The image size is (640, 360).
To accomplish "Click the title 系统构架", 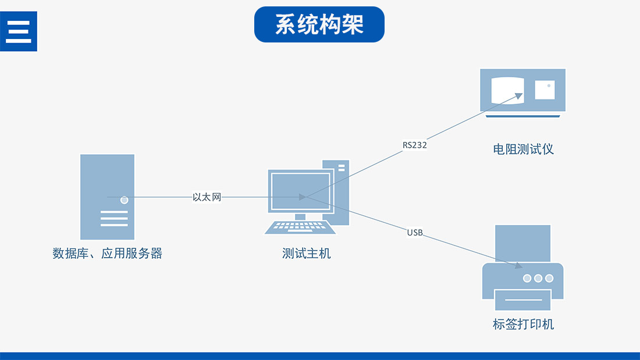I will [319, 24].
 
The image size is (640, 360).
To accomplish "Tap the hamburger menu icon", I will [18, 31].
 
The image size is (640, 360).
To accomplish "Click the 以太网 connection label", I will [207, 197].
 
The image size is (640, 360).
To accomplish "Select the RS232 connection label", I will [415, 145].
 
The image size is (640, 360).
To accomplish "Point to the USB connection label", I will [415, 233].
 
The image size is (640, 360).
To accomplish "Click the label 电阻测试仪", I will [523, 149].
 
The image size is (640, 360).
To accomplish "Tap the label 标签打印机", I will [523, 324].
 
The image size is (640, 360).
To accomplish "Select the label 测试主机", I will [307, 254].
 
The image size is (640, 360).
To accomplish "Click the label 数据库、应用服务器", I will [108, 254].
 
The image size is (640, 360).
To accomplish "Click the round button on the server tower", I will [124, 200].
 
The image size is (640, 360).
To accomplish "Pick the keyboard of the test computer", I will [300, 227].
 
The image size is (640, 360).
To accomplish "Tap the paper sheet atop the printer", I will [522, 243].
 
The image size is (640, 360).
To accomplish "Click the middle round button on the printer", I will [538, 279].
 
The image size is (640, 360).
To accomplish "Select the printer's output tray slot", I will [522, 300].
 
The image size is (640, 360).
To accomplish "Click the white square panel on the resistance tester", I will [545, 90].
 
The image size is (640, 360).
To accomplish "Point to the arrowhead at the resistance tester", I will [520, 96].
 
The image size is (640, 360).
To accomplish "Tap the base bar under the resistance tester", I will [522, 116].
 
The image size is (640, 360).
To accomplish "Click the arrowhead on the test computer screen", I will [302, 197].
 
